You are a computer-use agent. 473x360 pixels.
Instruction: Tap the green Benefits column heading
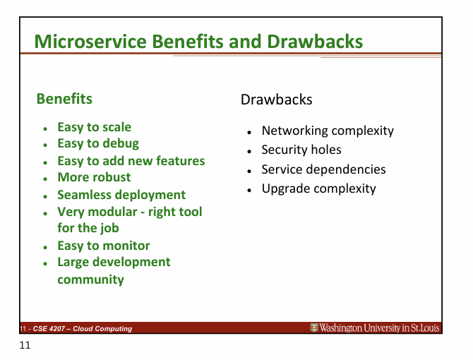click(64, 99)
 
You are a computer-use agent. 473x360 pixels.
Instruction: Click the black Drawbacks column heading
click(276, 100)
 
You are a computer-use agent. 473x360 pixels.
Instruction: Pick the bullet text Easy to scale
click(94, 127)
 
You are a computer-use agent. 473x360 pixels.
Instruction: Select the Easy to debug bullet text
click(97, 143)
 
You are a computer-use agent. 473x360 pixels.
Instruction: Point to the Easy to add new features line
click(131, 160)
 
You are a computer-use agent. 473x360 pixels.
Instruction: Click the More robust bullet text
click(94, 177)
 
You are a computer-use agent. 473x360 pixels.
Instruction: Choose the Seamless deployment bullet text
click(121, 194)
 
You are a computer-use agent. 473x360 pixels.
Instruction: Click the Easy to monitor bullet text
click(103, 245)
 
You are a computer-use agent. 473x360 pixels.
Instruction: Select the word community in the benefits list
click(90, 279)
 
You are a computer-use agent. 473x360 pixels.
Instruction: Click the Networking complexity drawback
click(328, 131)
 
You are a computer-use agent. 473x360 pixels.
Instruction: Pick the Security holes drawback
click(301, 150)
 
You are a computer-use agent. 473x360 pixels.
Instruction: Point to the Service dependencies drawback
click(323, 169)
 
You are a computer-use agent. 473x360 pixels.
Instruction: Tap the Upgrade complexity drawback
click(318, 188)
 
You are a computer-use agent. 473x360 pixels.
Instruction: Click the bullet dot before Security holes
click(249, 151)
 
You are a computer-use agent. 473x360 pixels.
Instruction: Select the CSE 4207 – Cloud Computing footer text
click(77, 328)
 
